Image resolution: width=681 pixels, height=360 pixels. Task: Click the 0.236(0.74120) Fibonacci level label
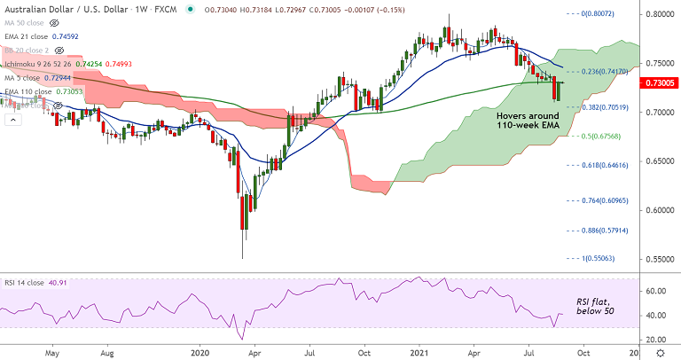(x=601, y=71)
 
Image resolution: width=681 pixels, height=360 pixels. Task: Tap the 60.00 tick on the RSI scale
(x=655, y=291)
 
